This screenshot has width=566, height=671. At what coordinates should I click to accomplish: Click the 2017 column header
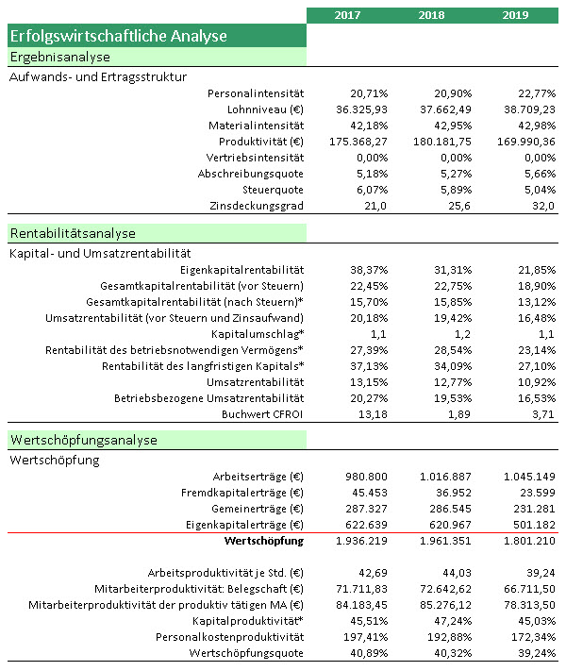coord(347,15)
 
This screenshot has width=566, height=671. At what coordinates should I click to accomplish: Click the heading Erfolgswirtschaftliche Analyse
coord(118,37)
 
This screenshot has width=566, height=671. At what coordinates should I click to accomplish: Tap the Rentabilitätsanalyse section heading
coord(74,233)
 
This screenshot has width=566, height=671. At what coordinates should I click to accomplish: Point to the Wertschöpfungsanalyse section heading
coord(83,440)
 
